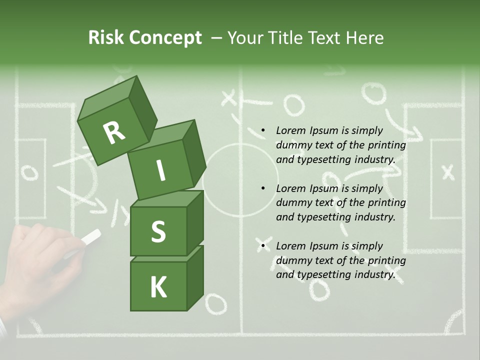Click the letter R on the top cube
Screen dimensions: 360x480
114,132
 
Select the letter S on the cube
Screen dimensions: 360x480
158,231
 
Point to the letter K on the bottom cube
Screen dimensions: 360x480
158,287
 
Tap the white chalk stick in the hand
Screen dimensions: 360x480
90,237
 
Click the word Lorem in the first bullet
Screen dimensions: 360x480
290,131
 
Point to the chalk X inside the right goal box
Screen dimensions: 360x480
448,173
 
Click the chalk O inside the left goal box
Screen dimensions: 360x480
29,173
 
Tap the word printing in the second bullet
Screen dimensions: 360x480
386,203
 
